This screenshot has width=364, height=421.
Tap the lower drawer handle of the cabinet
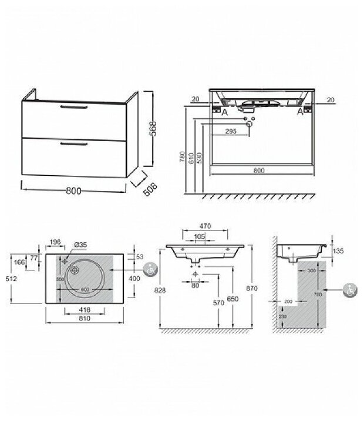[73, 142]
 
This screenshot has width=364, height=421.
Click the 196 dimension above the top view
[56, 242]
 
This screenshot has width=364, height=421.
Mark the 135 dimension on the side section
[338, 250]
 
